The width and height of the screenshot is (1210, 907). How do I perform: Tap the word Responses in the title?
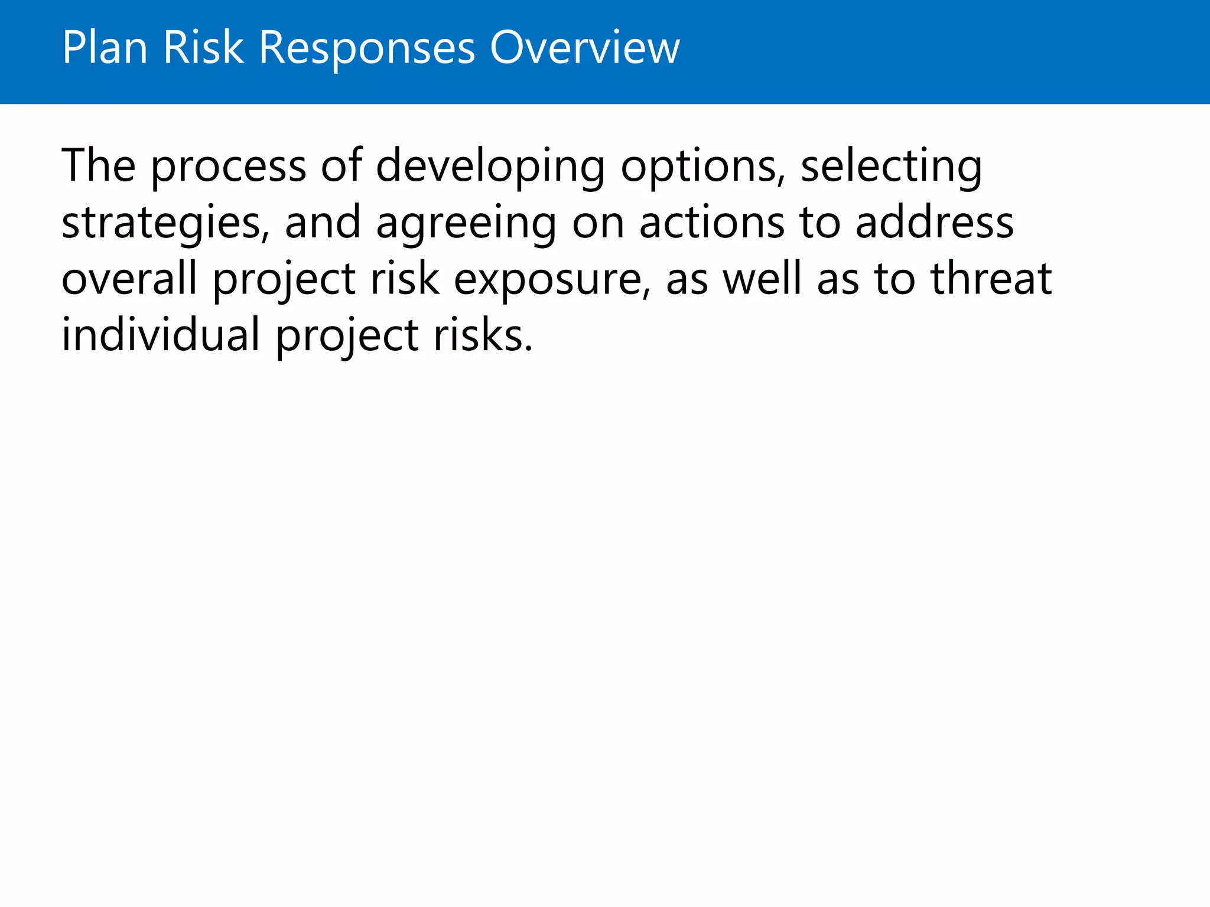coord(367,48)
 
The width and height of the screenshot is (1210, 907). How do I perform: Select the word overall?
coord(129,278)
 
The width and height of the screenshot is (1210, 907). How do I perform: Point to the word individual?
coord(161,334)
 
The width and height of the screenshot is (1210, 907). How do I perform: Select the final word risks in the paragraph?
coord(483,334)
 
